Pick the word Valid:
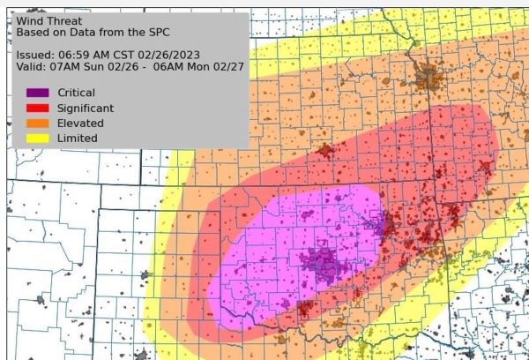click(x=32, y=66)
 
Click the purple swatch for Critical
click(x=37, y=93)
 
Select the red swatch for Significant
click(x=37, y=108)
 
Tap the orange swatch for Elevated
click(x=37, y=123)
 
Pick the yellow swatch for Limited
click(x=37, y=138)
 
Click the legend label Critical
click(x=76, y=93)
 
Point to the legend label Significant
click(x=86, y=108)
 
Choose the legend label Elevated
click(x=80, y=123)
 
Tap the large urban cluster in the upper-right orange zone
click(x=431, y=78)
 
